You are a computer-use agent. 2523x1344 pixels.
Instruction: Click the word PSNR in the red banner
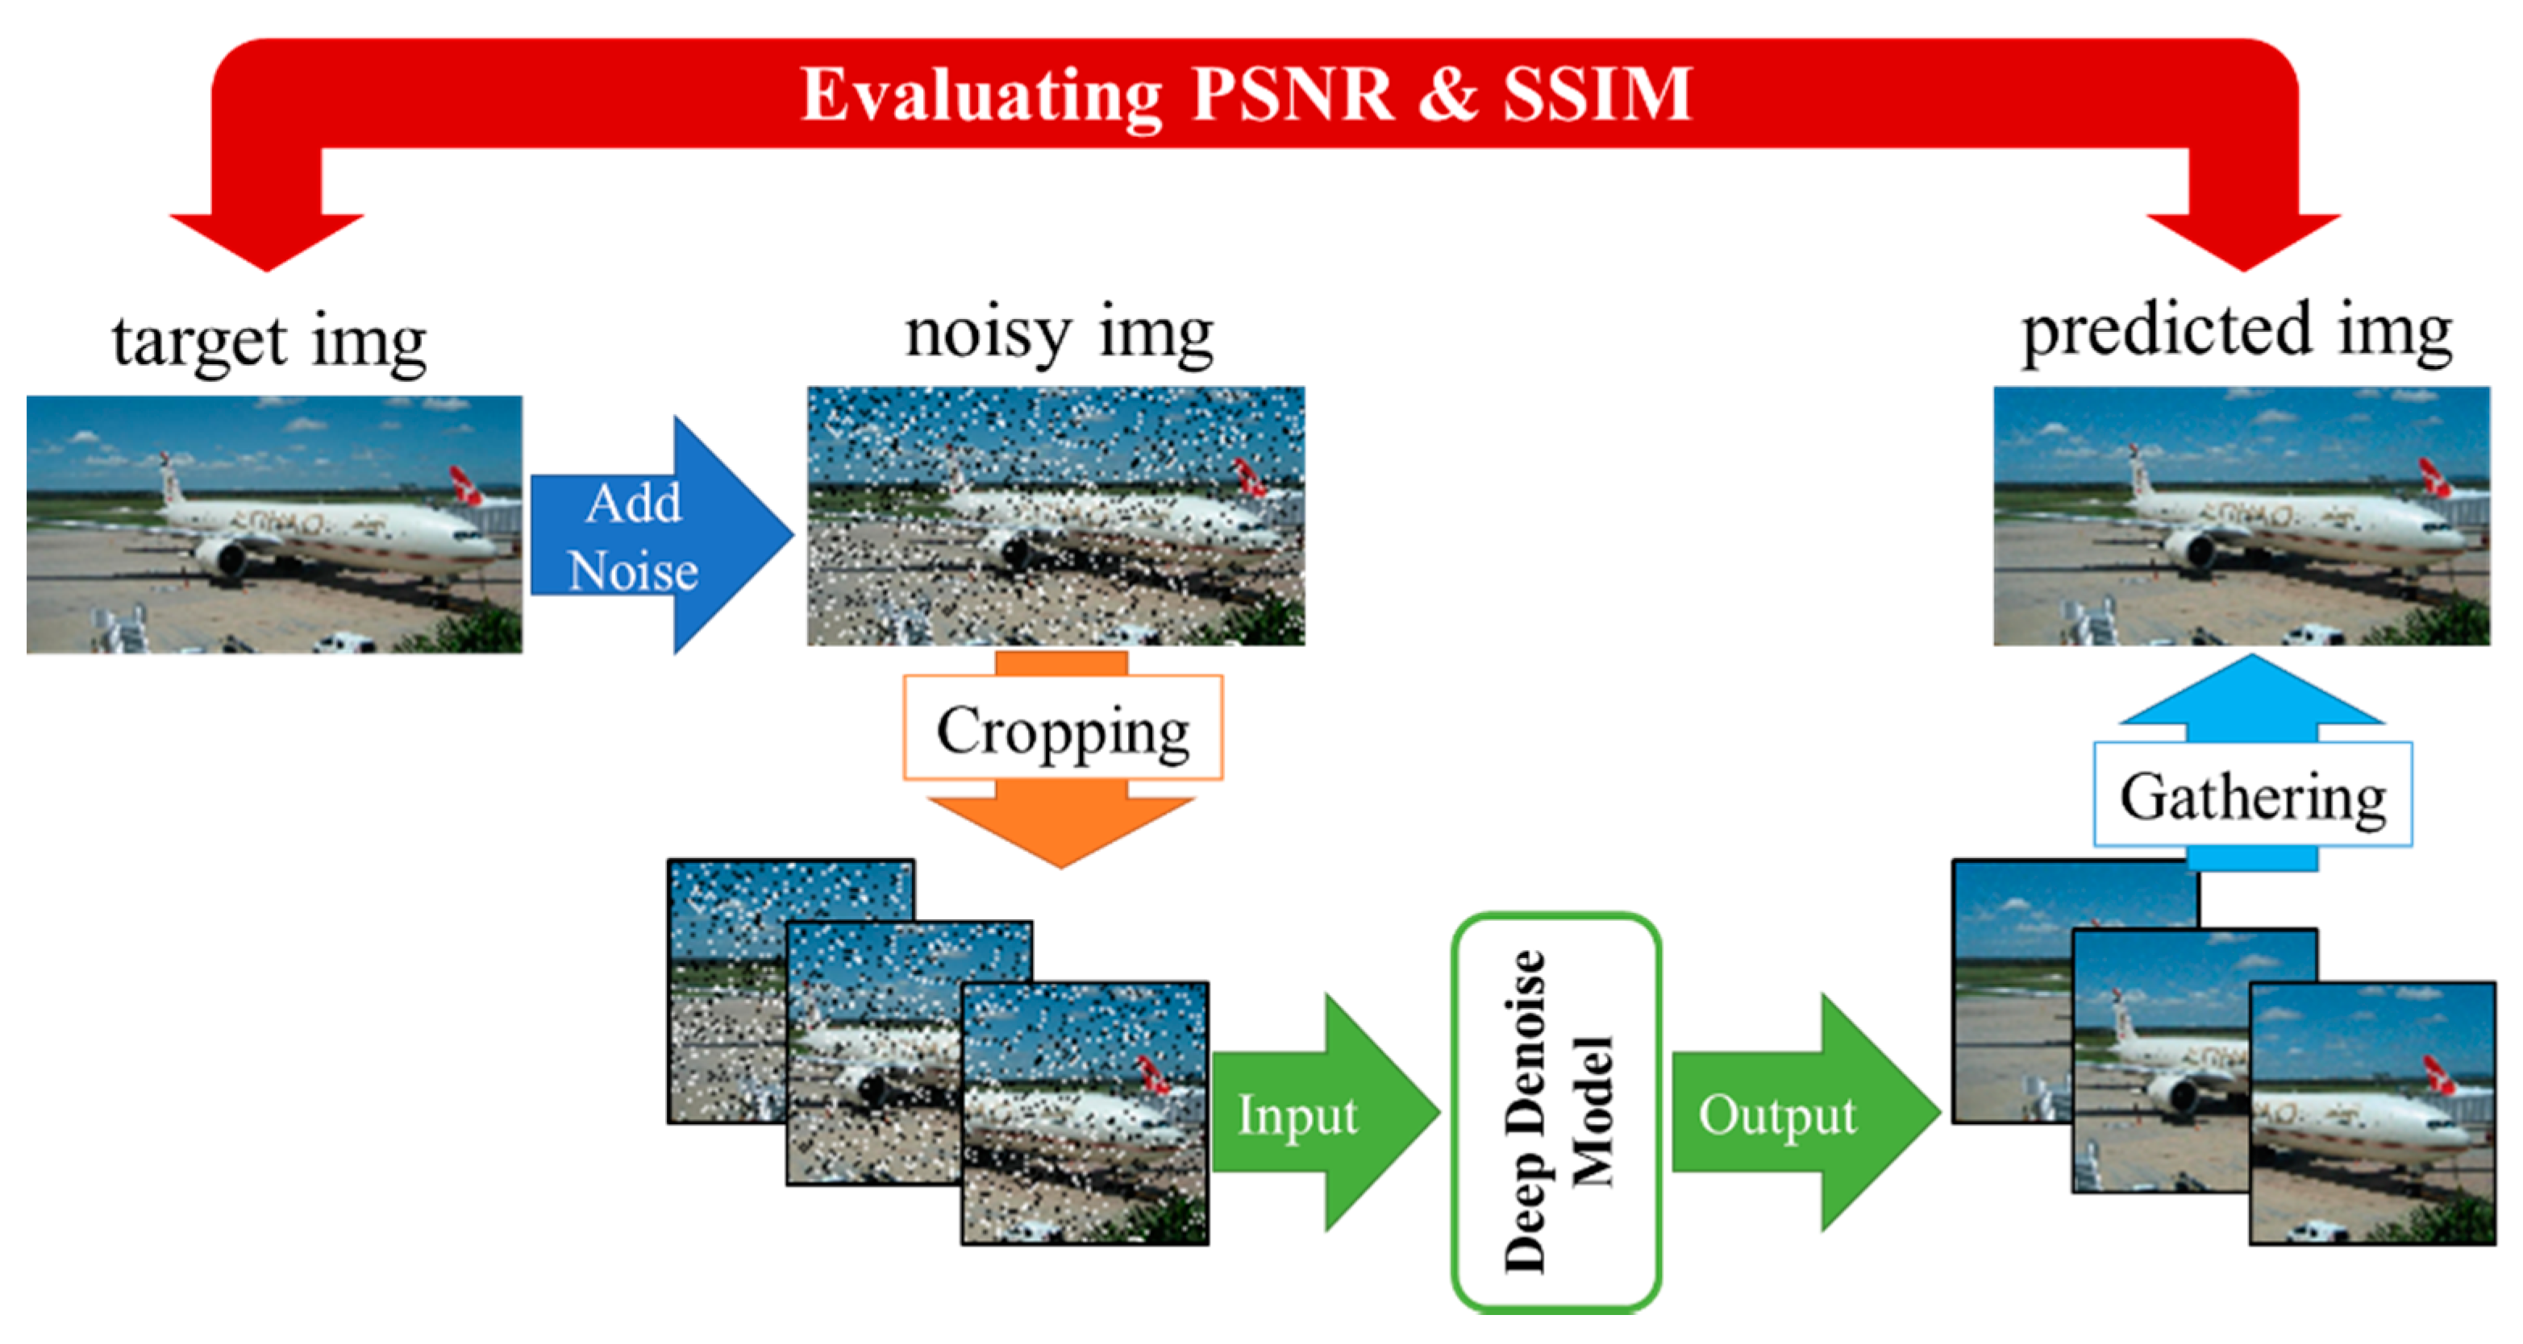(x=1293, y=95)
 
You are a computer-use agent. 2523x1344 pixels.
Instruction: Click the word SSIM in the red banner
(x=1597, y=95)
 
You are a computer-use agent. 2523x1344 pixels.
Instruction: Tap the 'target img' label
(x=269, y=342)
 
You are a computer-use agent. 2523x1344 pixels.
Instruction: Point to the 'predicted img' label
(x=2238, y=333)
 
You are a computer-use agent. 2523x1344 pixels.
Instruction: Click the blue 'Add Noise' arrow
(x=647, y=536)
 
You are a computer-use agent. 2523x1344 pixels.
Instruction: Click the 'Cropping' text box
(x=1063, y=728)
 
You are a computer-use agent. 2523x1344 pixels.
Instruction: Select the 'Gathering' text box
(x=2253, y=794)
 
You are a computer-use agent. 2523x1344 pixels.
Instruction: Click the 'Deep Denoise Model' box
(x=1555, y=1111)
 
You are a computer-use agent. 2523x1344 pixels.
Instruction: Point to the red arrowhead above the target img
(x=268, y=240)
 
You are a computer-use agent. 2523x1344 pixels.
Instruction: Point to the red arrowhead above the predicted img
(x=2244, y=240)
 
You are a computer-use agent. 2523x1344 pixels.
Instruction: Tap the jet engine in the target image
(x=225, y=558)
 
